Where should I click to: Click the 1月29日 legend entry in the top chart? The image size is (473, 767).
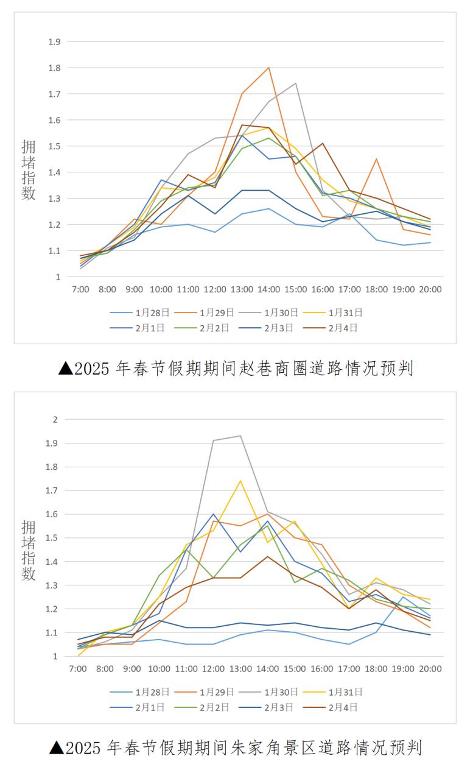pyautogui.click(x=216, y=313)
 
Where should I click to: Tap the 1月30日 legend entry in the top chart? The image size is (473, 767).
pyautogui.click(x=281, y=313)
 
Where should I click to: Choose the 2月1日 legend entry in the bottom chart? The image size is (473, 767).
pyautogui.click(x=152, y=707)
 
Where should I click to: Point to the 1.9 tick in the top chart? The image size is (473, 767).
pyautogui.click(x=55, y=41)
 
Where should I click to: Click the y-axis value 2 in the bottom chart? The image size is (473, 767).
pyautogui.click(x=55, y=419)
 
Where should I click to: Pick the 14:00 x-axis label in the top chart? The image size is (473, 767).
pyautogui.click(x=268, y=289)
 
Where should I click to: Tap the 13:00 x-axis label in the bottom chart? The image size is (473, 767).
pyautogui.click(x=241, y=669)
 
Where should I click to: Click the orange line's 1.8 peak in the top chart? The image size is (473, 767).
pyautogui.click(x=268, y=68)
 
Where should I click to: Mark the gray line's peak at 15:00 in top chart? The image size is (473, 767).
pyautogui.click(x=296, y=83)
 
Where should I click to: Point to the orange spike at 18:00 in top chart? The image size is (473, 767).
pyautogui.click(x=376, y=159)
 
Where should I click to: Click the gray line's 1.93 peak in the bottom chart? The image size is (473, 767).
pyautogui.click(x=241, y=436)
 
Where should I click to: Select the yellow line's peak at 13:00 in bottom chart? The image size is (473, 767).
pyautogui.click(x=241, y=481)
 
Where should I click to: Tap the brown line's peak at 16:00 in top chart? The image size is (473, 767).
pyautogui.click(x=323, y=143)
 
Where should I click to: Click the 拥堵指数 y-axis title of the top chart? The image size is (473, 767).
pyautogui.click(x=29, y=170)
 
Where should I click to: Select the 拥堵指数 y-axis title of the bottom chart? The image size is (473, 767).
pyautogui.click(x=29, y=550)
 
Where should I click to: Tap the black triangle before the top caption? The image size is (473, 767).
pyautogui.click(x=66, y=369)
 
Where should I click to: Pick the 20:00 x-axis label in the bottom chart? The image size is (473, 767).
pyautogui.click(x=430, y=669)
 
